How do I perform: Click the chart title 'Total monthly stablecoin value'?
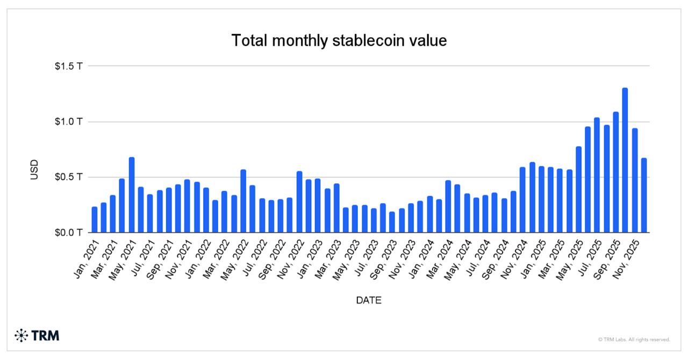(x=339, y=40)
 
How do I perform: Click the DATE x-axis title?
(x=369, y=301)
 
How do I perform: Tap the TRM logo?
(x=37, y=336)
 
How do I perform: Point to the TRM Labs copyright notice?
(x=634, y=340)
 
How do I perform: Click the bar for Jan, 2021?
(x=95, y=220)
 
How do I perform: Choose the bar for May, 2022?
(x=243, y=201)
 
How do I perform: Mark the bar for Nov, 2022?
(x=299, y=202)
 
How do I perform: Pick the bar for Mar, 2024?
(x=448, y=207)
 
